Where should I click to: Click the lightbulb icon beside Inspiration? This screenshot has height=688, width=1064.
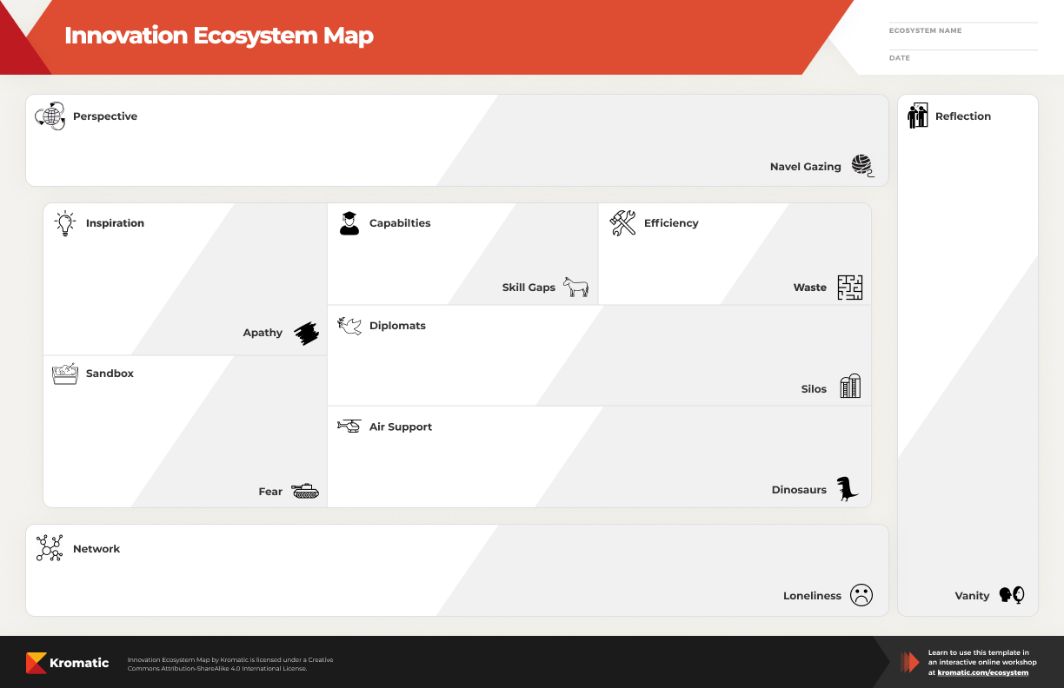pyautogui.click(x=65, y=223)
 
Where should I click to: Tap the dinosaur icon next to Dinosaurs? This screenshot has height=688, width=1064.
pyautogui.click(x=848, y=489)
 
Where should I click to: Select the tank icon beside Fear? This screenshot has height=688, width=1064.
pyautogui.click(x=305, y=491)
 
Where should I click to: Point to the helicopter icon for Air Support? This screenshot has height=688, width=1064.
pyautogui.click(x=349, y=426)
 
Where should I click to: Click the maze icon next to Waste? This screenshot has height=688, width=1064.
pyautogui.click(x=850, y=288)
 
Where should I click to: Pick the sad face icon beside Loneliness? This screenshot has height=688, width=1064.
pyautogui.click(x=861, y=595)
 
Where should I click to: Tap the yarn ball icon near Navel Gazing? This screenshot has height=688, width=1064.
pyautogui.click(x=862, y=166)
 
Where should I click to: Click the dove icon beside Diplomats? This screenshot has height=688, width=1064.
pyautogui.click(x=349, y=326)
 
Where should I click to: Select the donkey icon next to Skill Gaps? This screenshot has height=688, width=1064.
pyautogui.click(x=575, y=287)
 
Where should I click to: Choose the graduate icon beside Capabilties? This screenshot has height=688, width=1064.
pyautogui.click(x=349, y=223)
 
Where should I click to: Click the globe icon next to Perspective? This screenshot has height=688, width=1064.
pyautogui.click(x=50, y=116)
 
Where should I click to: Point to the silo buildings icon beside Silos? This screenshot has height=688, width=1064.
pyautogui.click(x=850, y=386)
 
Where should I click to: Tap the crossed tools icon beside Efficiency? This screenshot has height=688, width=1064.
pyautogui.click(x=622, y=223)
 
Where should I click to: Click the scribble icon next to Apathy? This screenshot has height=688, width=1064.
pyautogui.click(x=306, y=333)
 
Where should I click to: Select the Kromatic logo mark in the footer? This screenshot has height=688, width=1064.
pyautogui.click(x=37, y=663)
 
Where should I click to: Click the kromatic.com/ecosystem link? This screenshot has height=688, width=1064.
pyautogui.click(x=983, y=672)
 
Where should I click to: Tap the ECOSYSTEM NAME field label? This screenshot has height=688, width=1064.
pyautogui.click(x=925, y=30)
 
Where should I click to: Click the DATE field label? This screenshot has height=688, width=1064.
pyautogui.click(x=900, y=58)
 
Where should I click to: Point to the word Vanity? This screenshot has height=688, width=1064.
pyautogui.click(x=972, y=595)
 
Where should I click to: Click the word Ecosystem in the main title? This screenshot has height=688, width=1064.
pyautogui.click(x=255, y=36)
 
